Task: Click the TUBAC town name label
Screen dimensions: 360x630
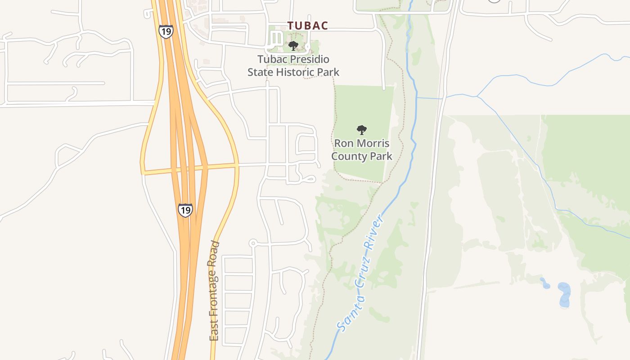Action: tap(308, 26)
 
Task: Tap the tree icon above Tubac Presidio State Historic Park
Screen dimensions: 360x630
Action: tap(293, 45)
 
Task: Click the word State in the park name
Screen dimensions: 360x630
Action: tap(260, 72)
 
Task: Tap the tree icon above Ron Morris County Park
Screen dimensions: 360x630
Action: tap(362, 130)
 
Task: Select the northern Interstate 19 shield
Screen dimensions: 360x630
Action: tap(166, 31)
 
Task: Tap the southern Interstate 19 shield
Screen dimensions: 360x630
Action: tap(185, 210)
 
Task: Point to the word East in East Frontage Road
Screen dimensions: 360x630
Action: tap(214, 331)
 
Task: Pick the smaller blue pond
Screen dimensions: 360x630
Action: tap(545, 283)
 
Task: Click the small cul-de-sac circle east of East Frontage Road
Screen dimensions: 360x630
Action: tap(253, 243)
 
